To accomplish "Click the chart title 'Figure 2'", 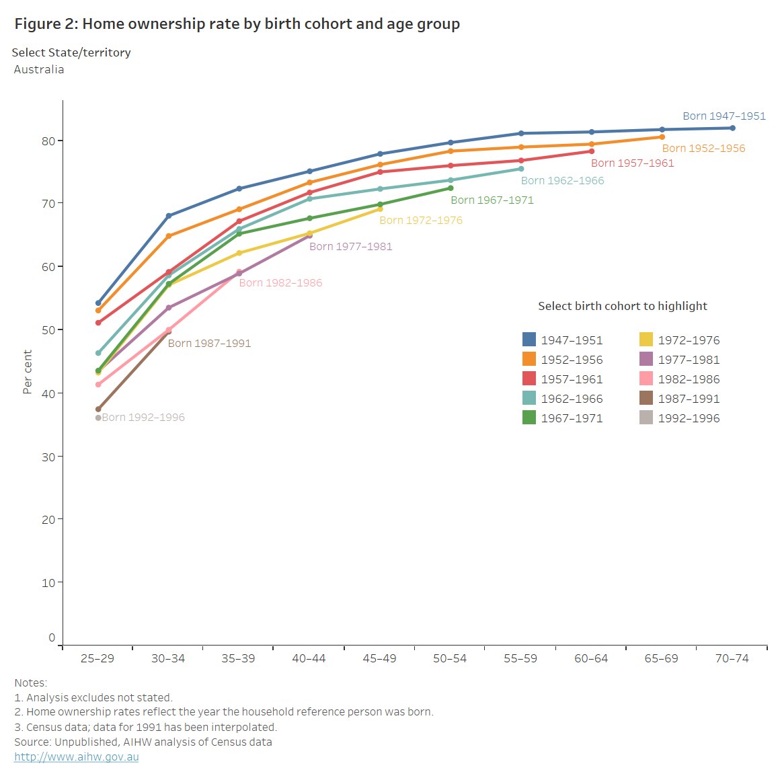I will (x=237, y=24).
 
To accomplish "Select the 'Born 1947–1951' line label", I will (x=724, y=116).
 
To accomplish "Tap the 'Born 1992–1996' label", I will (x=143, y=418).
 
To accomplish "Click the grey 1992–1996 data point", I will (x=98, y=418).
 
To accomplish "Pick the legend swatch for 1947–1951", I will (x=529, y=340).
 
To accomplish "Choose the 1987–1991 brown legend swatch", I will (x=646, y=398).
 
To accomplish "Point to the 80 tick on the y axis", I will (x=47, y=141).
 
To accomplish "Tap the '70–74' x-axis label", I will (x=732, y=659).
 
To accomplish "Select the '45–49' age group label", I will (x=379, y=659).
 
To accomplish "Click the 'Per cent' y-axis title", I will (x=28, y=371).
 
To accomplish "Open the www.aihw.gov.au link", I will (x=77, y=757).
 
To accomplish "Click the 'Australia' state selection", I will (x=39, y=70).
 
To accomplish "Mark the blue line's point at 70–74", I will (x=732, y=128).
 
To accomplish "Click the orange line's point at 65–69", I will (x=662, y=137).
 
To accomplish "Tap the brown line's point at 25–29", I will (x=98, y=409).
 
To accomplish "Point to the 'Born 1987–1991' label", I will (x=209, y=344).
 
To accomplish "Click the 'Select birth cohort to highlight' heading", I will (x=622, y=306).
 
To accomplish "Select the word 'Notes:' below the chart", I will (x=31, y=683).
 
